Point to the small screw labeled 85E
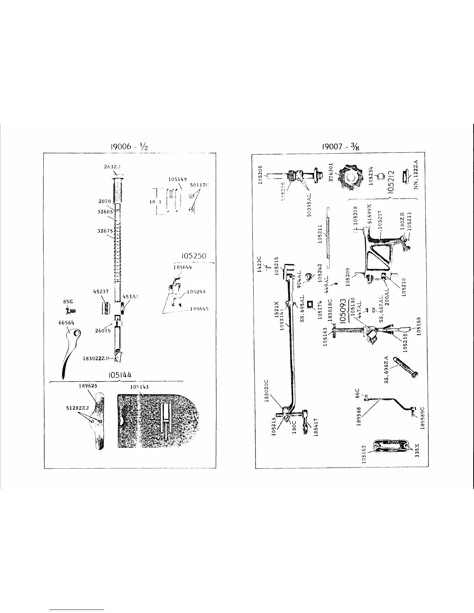(x=70, y=310)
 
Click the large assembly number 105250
(x=194, y=256)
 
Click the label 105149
(x=178, y=179)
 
